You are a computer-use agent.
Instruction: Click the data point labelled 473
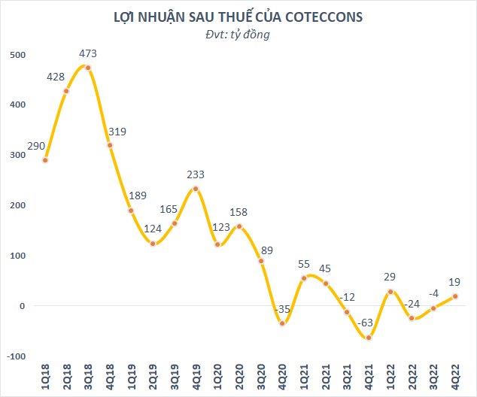89,68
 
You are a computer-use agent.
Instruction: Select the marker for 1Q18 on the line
45,160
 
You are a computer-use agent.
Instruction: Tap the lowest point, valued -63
369,338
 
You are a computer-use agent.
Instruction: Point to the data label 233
196,174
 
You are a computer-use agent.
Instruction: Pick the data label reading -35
283,308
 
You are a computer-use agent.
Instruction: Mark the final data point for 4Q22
456,296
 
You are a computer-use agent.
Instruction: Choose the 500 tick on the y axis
17,55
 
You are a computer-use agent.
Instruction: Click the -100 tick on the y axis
15,356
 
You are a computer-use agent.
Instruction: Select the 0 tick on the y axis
23,306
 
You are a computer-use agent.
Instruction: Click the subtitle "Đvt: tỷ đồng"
238,34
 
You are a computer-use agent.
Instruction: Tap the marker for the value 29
391,291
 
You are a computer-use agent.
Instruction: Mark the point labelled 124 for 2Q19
153,244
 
